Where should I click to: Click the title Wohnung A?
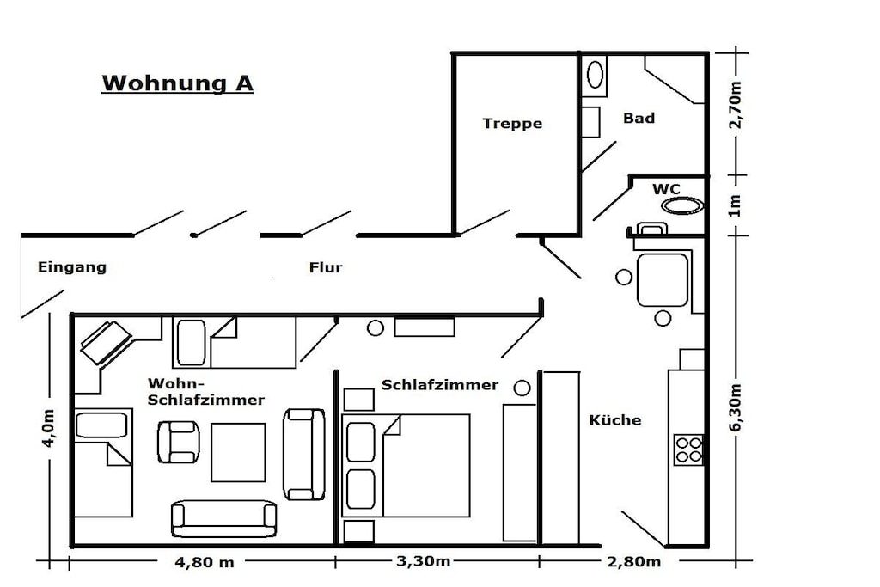pyautogui.click(x=177, y=83)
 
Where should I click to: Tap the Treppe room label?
pyautogui.click(x=512, y=124)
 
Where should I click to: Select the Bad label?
pyautogui.click(x=639, y=118)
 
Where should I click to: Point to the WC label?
pyautogui.click(x=666, y=189)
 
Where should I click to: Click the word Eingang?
pyautogui.click(x=72, y=267)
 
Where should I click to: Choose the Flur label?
pyautogui.click(x=326, y=267)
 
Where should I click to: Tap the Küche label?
pyautogui.click(x=615, y=419)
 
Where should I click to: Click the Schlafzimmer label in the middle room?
pyautogui.click(x=439, y=385)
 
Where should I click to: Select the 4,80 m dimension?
pyautogui.click(x=205, y=562)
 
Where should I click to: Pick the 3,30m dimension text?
pyautogui.click(x=423, y=561)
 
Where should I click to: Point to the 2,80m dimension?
pyautogui.click(x=633, y=562)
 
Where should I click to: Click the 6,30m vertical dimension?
pyautogui.click(x=736, y=407)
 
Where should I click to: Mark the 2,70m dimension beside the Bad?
pyautogui.click(x=736, y=105)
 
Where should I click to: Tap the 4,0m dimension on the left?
pyautogui.click(x=48, y=428)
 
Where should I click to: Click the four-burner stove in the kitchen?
pyautogui.click(x=688, y=449)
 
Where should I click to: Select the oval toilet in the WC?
pyautogui.click(x=682, y=205)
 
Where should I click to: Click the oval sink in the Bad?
pyautogui.click(x=595, y=75)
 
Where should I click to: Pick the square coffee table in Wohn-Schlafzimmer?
pyautogui.click(x=238, y=452)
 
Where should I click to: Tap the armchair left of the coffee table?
pyautogui.click(x=179, y=442)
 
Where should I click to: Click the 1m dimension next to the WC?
pyautogui.click(x=736, y=205)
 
